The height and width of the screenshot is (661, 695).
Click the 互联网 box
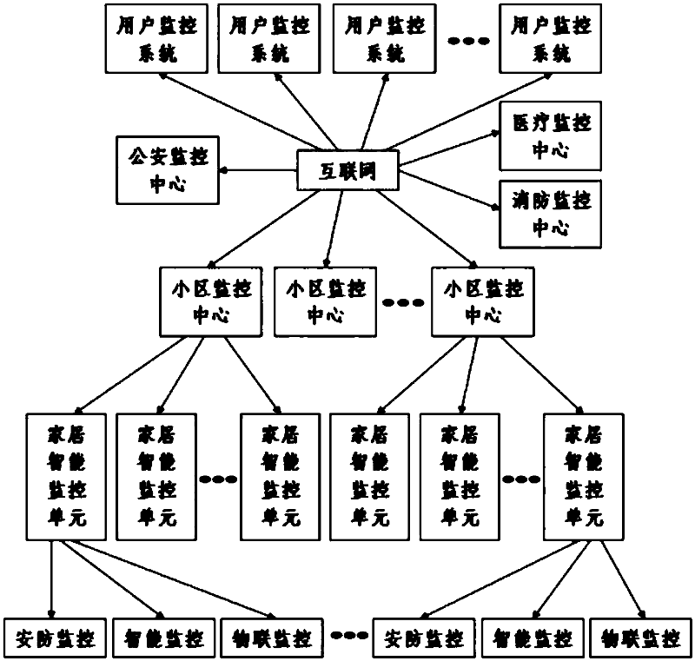347,170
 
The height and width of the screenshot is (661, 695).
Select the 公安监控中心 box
168,170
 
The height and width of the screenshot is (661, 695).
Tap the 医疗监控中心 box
551,136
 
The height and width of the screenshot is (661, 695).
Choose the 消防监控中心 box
551,214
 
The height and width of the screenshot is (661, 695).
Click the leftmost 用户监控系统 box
156,38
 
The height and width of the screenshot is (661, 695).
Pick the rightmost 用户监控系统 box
551,38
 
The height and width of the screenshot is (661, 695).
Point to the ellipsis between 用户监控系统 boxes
468,41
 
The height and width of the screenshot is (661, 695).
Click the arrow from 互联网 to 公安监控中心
258,170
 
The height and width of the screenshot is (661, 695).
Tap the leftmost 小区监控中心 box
211,301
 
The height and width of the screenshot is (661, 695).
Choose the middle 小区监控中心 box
325,301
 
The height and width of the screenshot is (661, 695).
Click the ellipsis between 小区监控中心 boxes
403,303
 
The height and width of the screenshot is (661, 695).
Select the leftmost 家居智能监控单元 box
67,477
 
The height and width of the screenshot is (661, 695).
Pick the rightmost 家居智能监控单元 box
584,477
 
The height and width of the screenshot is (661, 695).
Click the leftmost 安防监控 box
55,638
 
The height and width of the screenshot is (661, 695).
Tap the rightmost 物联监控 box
641,638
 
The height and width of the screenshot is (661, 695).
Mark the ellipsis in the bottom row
349,636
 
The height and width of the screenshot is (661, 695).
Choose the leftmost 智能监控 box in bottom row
164,638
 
